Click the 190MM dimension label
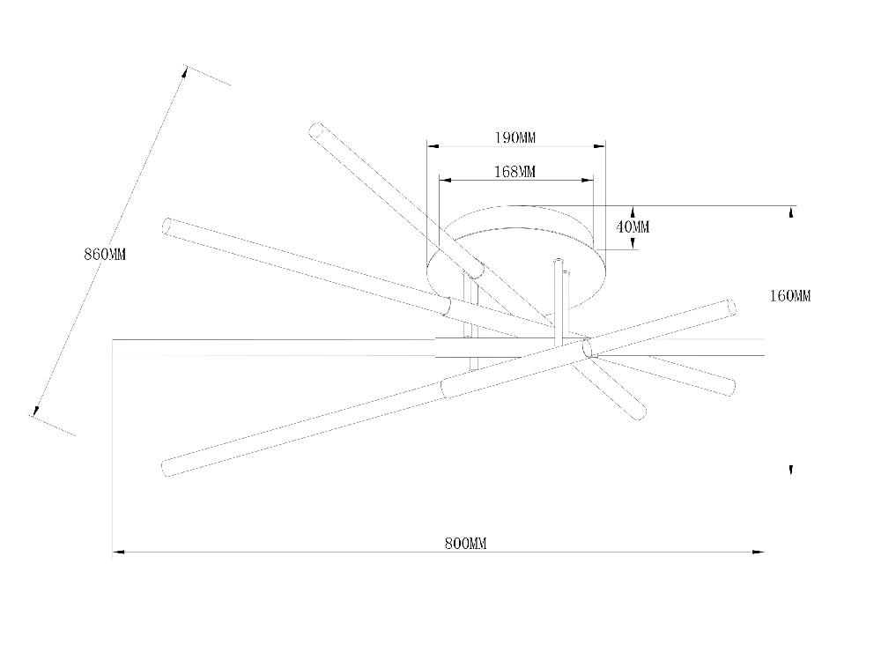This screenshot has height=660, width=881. (x=515, y=137)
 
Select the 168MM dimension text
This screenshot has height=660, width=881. (x=515, y=172)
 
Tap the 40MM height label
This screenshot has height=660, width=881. (x=633, y=227)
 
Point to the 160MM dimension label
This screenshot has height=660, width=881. (x=790, y=296)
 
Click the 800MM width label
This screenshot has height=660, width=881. (x=466, y=544)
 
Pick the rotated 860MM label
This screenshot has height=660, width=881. (x=105, y=254)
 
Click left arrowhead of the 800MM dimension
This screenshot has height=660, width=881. (x=118, y=552)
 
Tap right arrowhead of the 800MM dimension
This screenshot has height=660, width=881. (x=758, y=552)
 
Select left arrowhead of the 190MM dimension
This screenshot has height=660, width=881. (x=433, y=146)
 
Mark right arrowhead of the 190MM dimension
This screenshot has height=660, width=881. (x=599, y=146)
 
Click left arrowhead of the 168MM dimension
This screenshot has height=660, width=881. (x=445, y=181)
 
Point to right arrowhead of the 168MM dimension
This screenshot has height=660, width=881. (x=588, y=181)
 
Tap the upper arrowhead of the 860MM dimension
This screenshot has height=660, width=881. (x=184, y=72)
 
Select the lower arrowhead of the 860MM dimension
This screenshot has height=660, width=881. (x=36, y=411)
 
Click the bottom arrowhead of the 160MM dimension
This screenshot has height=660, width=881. (x=791, y=471)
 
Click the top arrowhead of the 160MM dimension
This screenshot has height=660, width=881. (x=792, y=212)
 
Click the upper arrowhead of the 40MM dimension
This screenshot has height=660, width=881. (x=633, y=212)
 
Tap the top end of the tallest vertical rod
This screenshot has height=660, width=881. (x=559, y=260)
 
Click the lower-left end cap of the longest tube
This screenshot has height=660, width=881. (x=167, y=468)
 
